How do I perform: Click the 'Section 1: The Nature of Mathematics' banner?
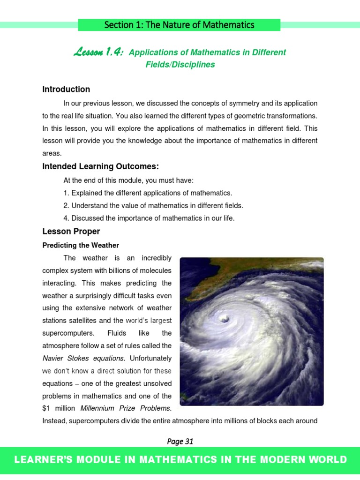pyautogui.click(x=179, y=25)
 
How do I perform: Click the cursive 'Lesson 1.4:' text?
pyautogui.click(x=98, y=52)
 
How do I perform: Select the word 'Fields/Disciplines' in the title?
pyautogui.click(x=180, y=65)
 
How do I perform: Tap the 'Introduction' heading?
pyautogui.click(x=66, y=90)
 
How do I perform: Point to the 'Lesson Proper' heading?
pyautogui.click(x=71, y=232)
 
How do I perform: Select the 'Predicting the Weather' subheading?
pyautogui.click(x=81, y=246)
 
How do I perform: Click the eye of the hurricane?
pyautogui.click(x=225, y=319)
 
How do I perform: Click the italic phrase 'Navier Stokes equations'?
pyautogui.click(x=84, y=359)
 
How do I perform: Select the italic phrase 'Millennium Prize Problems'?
pyautogui.click(x=119, y=408)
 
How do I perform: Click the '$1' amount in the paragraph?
pyautogui.click(x=47, y=408)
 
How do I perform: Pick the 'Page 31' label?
pyautogui.click(x=180, y=441)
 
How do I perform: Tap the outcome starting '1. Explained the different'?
pyautogui.click(x=148, y=193)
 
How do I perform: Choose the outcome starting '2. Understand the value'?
pyautogui.click(x=153, y=206)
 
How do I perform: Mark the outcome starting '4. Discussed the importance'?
pyautogui.click(x=149, y=218)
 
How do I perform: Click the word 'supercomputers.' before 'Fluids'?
pyautogui.click(x=68, y=333)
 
